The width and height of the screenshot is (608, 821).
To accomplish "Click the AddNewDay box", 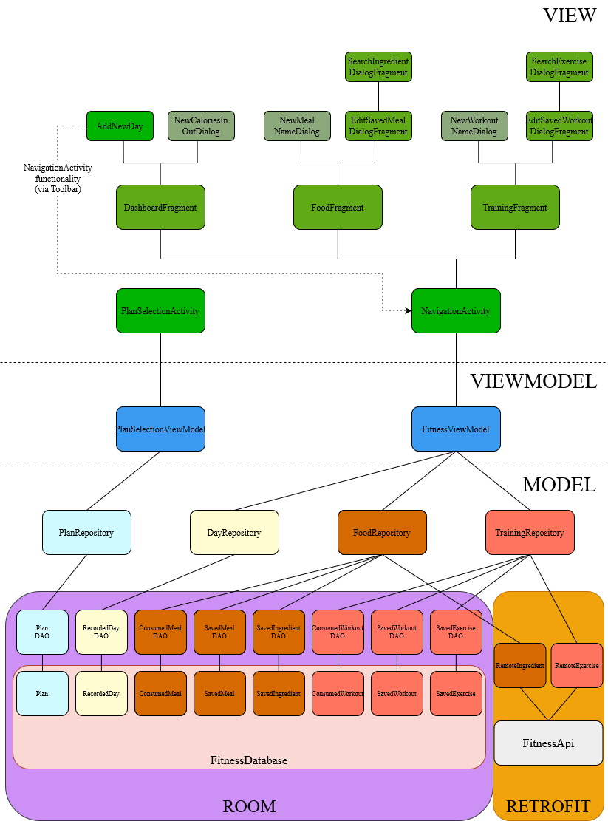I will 120,126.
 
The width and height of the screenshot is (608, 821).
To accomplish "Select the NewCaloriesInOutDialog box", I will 201,126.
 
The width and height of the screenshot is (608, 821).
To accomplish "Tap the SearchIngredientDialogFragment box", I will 378,67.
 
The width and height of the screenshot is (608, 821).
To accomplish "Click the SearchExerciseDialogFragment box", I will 559,67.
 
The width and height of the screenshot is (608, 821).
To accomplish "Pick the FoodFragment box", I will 338,207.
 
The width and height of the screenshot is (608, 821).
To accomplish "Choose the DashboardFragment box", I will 160,207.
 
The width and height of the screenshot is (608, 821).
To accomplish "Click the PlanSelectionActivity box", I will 160,310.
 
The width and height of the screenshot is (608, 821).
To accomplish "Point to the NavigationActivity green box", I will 456,310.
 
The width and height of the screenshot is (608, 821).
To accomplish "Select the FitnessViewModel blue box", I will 456,429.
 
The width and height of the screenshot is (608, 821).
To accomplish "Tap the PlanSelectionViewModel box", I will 160,429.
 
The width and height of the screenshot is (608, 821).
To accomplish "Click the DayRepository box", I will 234,532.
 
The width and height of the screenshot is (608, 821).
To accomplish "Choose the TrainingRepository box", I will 530,532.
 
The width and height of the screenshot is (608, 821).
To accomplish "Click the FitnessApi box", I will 548,743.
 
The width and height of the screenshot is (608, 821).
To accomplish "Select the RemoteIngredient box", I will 520,665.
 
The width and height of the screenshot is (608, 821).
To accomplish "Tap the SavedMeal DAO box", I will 219,631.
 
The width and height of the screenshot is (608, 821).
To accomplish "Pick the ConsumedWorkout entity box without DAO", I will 338,693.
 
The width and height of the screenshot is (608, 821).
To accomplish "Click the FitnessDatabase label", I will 249,760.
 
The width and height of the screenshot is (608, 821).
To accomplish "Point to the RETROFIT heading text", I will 548,806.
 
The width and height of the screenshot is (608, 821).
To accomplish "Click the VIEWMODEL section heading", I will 533,381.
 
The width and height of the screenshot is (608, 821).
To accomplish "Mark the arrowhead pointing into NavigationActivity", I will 408,311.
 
